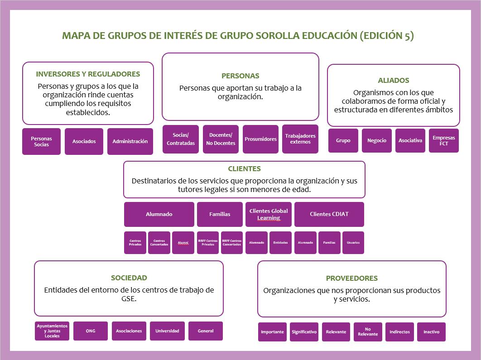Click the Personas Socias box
pos(41,141)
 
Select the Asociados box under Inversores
pos(84,141)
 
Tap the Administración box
pos(130,141)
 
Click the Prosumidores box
pos(260,139)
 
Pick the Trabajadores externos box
pos(300,139)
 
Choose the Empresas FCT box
pos(443,140)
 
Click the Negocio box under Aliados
pos(377,140)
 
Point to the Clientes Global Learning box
pos(269,214)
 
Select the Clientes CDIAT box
pos(329,214)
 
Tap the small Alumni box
pos(183,243)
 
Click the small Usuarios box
pos(353,243)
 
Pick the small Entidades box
pos(280,243)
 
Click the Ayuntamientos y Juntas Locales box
pos(52,331)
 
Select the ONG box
pos(91,331)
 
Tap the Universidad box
pos(167,331)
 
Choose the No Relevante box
pos(368,332)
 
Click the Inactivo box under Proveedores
pos(431,332)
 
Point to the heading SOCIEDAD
pos(129,278)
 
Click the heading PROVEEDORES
pos(351,278)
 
